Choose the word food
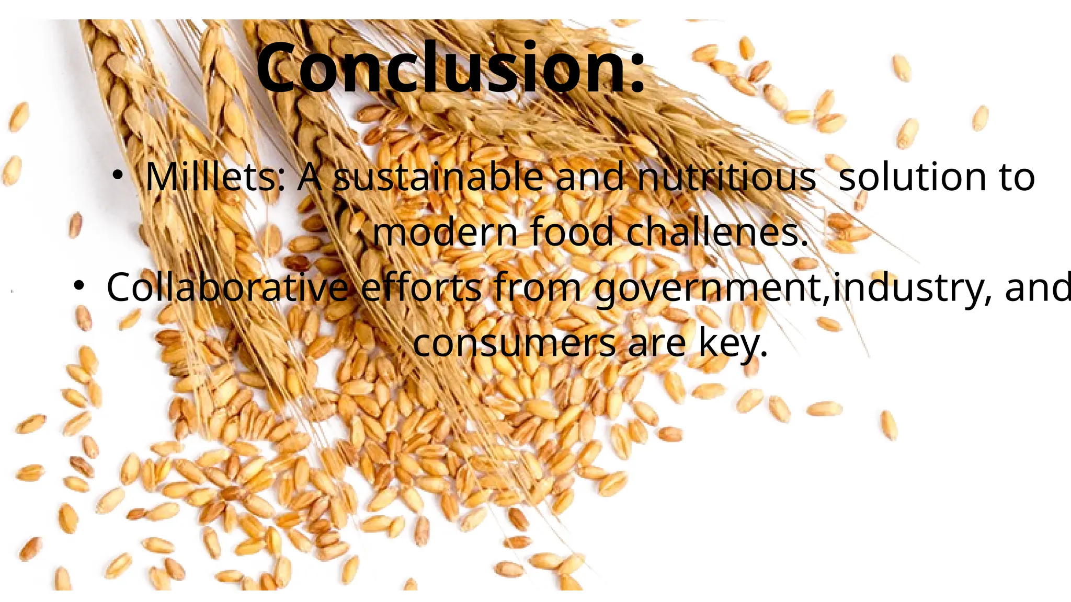click(x=572, y=232)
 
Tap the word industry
click(x=910, y=288)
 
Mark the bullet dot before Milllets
click(x=118, y=176)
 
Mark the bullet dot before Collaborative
click(x=78, y=284)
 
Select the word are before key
click(x=656, y=344)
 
